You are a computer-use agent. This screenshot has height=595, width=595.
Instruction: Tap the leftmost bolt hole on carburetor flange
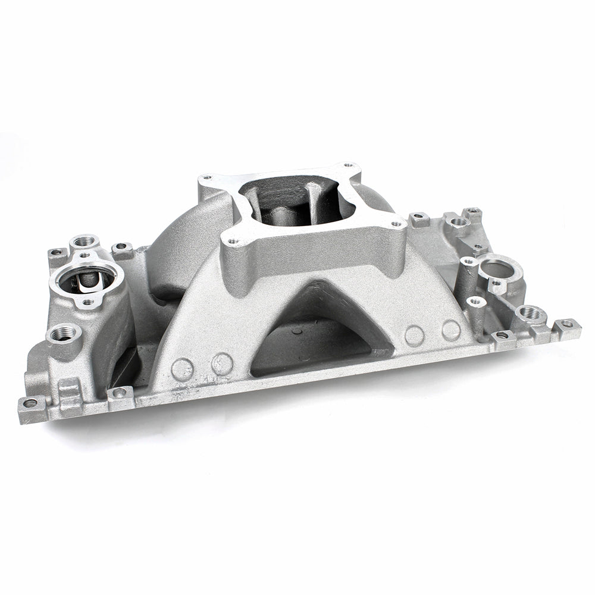click(x=207, y=177)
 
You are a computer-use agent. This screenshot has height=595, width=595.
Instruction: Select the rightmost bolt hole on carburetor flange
click(x=395, y=225)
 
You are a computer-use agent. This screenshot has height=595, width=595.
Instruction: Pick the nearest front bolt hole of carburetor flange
click(x=233, y=241)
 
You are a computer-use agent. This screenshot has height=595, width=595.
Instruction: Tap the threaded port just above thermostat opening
click(x=84, y=242)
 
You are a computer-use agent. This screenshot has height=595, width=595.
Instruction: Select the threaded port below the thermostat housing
click(x=63, y=333)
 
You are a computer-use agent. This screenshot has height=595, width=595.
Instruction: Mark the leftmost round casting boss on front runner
click(x=182, y=369)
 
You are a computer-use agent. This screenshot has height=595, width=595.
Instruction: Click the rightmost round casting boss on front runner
click(x=451, y=330)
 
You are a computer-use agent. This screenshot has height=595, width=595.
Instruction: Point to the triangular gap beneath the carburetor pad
click(x=321, y=327)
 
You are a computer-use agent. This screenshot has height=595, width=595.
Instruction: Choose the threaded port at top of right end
click(x=459, y=222)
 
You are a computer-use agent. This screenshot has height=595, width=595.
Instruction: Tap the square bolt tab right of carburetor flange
click(x=419, y=219)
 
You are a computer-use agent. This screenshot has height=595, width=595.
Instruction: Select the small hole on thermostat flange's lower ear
click(x=87, y=302)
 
